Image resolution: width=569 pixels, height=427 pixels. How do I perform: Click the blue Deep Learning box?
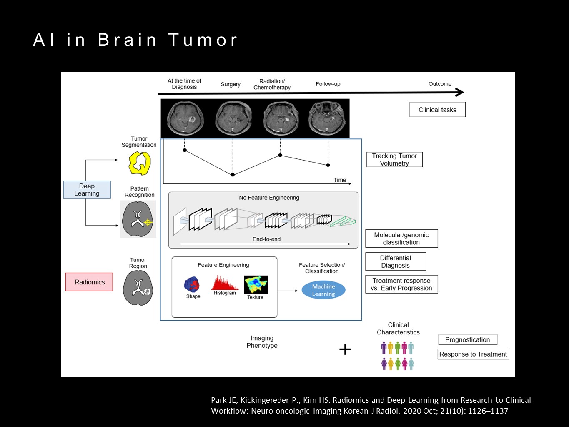[x=87, y=190]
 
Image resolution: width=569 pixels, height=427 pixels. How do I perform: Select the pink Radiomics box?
[x=89, y=282]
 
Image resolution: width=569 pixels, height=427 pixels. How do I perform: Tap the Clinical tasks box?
[x=437, y=110]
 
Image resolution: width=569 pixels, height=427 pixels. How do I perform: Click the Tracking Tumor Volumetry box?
[x=394, y=160]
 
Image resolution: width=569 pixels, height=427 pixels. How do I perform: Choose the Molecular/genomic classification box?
[x=401, y=239]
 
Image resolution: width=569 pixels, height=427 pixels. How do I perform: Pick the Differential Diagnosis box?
[x=396, y=261]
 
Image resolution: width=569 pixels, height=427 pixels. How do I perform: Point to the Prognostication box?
[x=467, y=339]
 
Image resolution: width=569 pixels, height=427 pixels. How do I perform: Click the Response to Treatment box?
[x=473, y=354]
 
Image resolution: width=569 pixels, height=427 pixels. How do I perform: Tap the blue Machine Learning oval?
[x=323, y=290]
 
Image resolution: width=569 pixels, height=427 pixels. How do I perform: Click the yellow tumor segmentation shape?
[x=139, y=163]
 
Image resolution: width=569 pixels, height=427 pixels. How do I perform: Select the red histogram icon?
[x=224, y=283]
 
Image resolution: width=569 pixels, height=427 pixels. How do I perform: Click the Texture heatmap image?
[x=256, y=285]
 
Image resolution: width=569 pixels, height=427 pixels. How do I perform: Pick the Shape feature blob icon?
[x=192, y=285]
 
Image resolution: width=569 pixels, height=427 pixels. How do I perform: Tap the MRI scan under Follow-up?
[x=327, y=118]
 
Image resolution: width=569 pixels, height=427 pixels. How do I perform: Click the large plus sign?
[x=345, y=349]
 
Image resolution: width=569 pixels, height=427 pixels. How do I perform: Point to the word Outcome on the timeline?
[x=440, y=84]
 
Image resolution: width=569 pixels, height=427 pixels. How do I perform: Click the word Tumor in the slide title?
[x=203, y=40]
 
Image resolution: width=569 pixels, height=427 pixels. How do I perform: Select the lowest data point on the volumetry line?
[x=233, y=175]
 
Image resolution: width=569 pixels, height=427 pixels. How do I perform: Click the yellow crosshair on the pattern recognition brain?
[x=148, y=223]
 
